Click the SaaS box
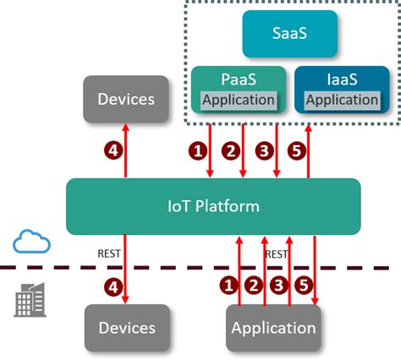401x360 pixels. pos(290,35)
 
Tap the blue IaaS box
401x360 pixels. pos(341,79)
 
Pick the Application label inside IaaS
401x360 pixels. pos(341,100)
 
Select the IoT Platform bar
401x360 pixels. pos(213,206)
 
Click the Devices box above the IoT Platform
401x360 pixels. pos(126,99)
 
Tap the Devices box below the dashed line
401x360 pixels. pos(127,327)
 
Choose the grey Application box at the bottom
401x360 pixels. pos(273,327)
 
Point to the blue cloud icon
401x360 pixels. pos(31,243)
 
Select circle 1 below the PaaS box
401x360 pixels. pos(198,151)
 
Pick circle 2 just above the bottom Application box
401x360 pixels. pos(251,286)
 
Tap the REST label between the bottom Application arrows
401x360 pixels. pos(277,253)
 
